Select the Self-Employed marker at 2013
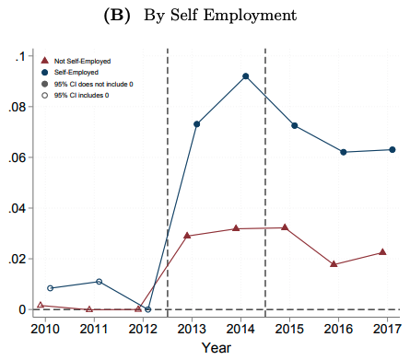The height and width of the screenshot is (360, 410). (197, 124)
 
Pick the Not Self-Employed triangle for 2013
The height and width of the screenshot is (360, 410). (187, 235)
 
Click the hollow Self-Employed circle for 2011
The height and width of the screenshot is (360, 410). (99, 282)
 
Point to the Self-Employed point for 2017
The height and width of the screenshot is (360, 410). (392, 150)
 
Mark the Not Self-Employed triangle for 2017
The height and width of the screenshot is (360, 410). (382, 251)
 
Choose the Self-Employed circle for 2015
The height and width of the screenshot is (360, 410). (295, 125)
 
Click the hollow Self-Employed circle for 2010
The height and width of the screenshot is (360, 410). (50, 288)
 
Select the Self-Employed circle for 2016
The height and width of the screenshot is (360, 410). (344, 152)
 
